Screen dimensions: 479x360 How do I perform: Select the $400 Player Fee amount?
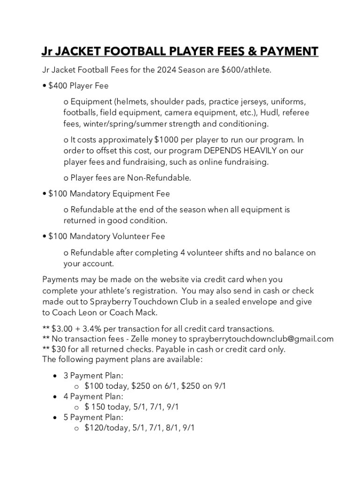[x=58, y=86]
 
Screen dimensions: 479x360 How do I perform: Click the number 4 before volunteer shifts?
[x=182, y=253]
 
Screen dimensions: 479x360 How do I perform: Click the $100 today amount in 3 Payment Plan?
[x=106, y=386]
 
